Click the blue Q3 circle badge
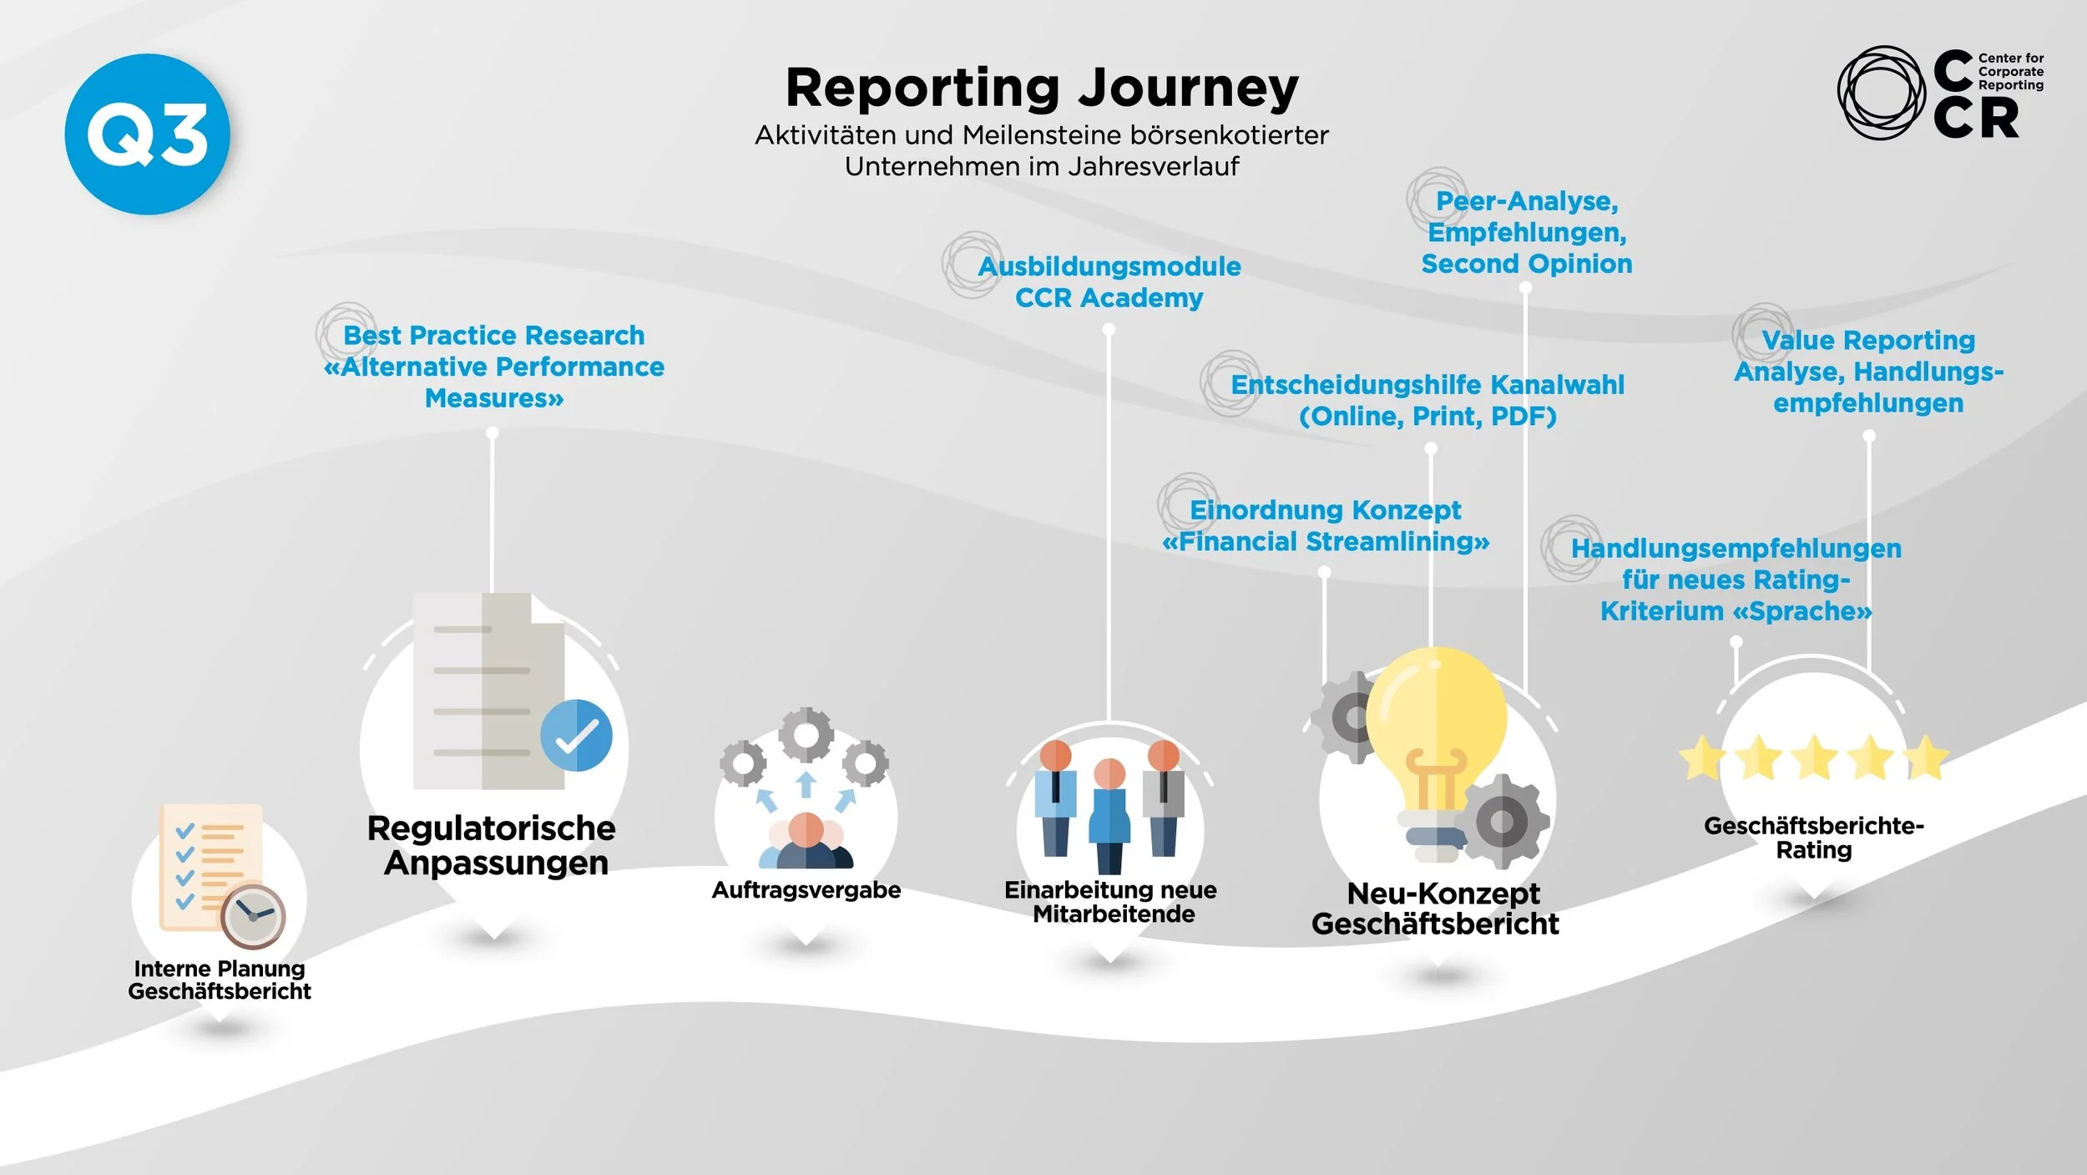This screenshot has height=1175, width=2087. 147,134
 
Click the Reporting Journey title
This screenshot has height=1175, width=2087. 1042,88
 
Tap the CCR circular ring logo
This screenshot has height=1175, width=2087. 1882,93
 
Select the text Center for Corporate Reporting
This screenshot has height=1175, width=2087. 2010,72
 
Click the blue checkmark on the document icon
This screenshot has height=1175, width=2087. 576,735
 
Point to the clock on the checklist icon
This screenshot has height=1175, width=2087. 253,916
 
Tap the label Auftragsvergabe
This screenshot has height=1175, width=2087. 806,890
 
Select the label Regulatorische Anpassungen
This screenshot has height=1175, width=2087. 493,845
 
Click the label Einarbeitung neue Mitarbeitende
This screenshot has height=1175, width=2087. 1111,902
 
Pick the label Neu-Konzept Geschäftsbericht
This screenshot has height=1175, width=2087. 1436,909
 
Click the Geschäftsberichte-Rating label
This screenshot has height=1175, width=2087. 1814,838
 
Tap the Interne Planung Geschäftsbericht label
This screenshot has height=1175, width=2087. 220,980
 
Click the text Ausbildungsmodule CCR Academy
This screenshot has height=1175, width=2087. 1109,281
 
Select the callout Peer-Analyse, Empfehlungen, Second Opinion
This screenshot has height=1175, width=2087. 1527,232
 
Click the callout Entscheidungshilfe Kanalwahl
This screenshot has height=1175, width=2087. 1428,400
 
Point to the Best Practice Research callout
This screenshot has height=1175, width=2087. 494,367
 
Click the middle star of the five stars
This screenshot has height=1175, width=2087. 1814,757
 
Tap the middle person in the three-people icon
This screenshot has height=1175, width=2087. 1109,814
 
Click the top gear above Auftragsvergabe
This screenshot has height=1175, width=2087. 806,735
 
